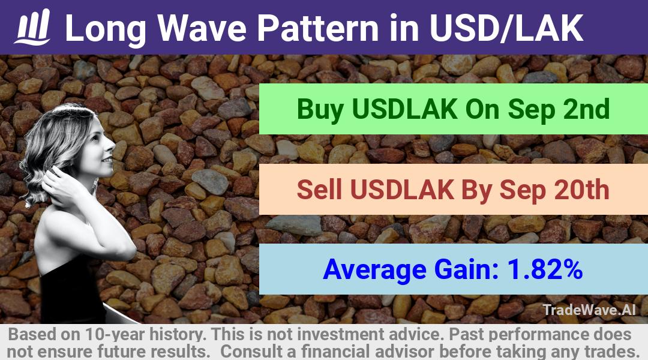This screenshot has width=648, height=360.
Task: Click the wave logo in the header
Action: click(32, 26)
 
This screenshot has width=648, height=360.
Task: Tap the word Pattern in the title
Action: click(318, 28)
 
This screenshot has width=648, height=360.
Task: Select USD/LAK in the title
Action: click(506, 28)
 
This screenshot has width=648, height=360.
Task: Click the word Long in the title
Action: click(106, 29)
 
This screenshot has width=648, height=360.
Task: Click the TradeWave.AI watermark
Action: click(589, 310)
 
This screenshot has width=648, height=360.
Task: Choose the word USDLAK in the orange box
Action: click(402, 190)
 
